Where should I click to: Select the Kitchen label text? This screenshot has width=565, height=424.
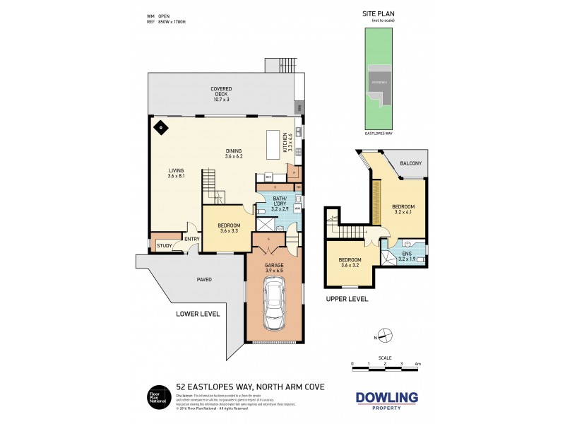coord(286,143)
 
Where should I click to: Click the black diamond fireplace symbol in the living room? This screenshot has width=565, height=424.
coord(160,128)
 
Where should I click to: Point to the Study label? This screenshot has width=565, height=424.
coord(165,246)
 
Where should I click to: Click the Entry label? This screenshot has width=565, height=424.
coord(191,239)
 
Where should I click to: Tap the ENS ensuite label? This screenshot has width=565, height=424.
coord(406,254)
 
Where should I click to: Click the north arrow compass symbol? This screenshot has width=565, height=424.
coord(383,336)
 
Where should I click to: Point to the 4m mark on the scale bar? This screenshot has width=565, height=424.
coord(417,364)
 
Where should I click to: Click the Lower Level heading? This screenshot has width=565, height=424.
coord(198,314)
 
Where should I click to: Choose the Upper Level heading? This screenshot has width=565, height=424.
coord(347,299)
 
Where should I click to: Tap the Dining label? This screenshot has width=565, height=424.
coord(234,152)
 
